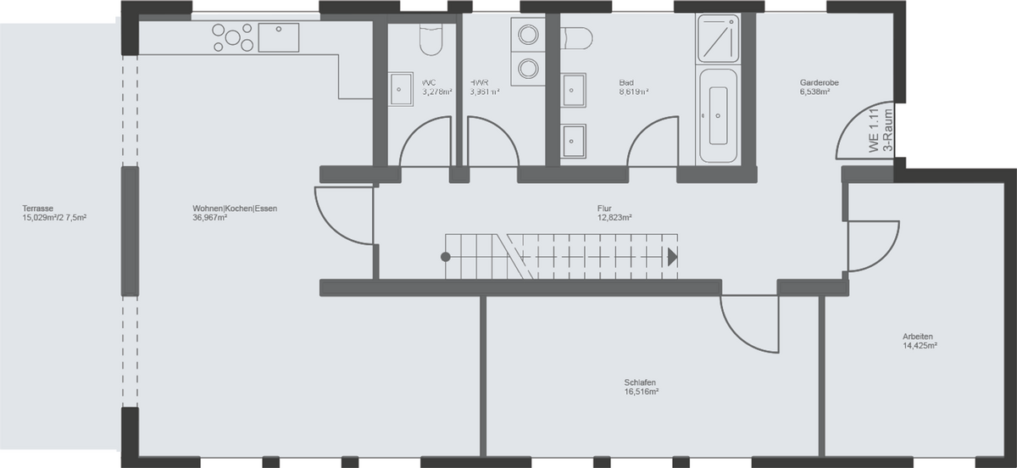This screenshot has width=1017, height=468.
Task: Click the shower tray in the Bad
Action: click(x=719, y=39)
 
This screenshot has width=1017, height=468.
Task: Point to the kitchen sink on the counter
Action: click(x=279, y=37)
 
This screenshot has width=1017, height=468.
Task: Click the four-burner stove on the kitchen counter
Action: click(x=232, y=37)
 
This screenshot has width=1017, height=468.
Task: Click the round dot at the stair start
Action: click(x=446, y=256)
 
